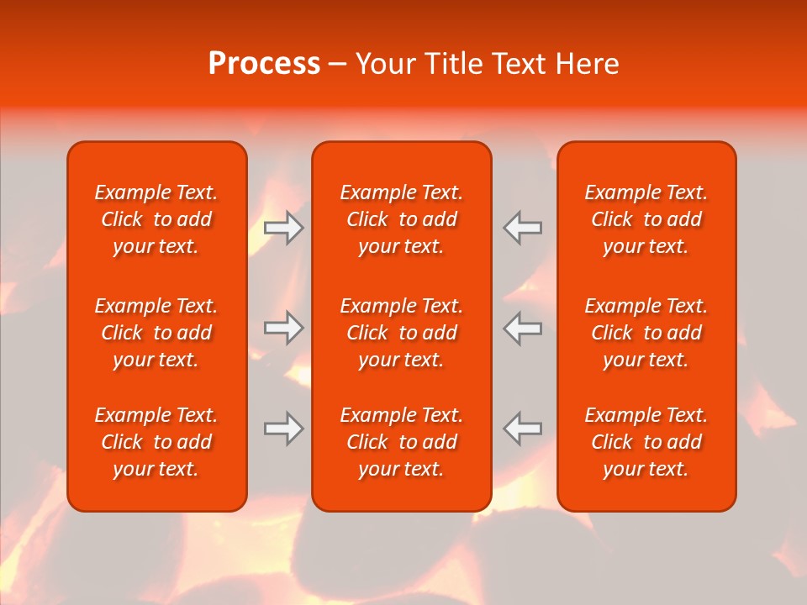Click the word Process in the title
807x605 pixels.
pyautogui.click(x=264, y=64)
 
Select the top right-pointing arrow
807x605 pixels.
pyautogui.click(x=283, y=228)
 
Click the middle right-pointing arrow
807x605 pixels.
pyautogui.click(x=283, y=328)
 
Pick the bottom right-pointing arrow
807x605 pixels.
pyautogui.click(x=283, y=429)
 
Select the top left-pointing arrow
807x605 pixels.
pyautogui.click(x=523, y=228)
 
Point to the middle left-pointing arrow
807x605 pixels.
pyautogui.click(x=523, y=328)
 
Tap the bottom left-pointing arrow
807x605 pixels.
pyautogui.click(x=523, y=429)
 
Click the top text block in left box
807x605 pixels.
pyautogui.click(x=156, y=219)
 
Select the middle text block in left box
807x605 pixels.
pyautogui.click(x=156, y=333)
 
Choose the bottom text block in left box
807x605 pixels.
pyautogui.click(x=156, y=442)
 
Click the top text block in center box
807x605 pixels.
pyautogui.click(x=402, y=219)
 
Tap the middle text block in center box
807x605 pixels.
pyautogui.click(x=402, y=333)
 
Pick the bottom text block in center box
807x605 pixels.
pyautogui.click(x=402, y=442)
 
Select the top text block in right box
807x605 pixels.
pyautogui.click(x=646, y=219)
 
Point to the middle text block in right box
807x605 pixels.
pyautogui.click(x=646, y=333)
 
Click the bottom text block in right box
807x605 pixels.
pyautogui.click(x=646, y=442)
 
